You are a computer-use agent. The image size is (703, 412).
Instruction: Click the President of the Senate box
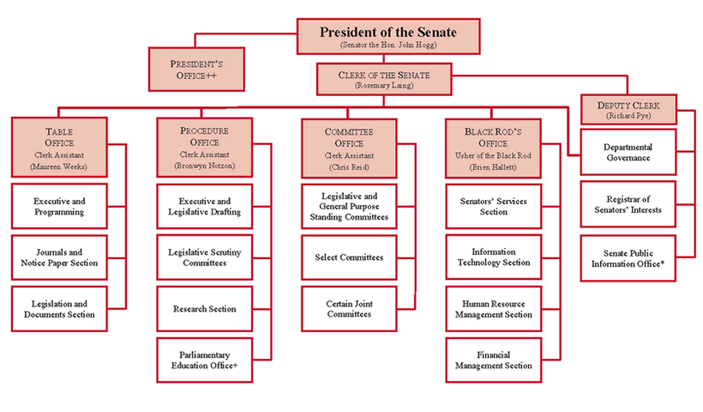point(388,37)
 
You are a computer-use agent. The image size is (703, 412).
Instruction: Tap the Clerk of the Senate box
point(385,80)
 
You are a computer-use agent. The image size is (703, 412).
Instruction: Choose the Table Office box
point(59,147)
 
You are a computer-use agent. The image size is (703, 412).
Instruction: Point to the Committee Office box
point(349,147)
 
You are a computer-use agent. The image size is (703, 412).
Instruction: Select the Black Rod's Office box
point(493,147)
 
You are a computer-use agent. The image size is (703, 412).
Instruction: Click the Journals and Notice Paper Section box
point(59,257)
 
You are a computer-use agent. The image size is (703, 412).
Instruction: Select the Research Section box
point(204,309)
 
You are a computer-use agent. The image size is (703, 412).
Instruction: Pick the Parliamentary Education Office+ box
point(204,360)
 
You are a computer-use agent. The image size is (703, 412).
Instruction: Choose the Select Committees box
point(349,257)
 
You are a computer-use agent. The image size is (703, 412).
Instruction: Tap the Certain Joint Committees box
point(349,309)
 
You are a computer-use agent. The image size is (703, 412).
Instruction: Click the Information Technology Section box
point(493,257)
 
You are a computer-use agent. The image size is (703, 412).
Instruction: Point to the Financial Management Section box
point(493,360)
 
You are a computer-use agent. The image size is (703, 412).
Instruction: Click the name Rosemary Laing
point(385,85)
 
